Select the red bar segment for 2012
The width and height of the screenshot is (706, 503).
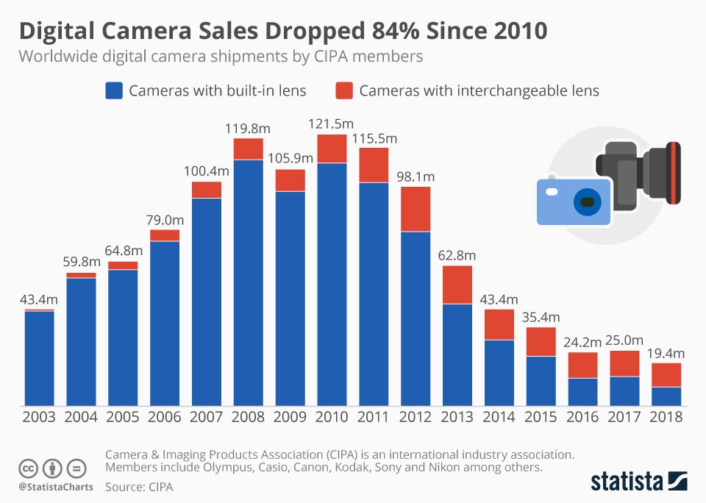[416, 209]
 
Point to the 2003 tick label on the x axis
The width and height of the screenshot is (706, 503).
[39, 417]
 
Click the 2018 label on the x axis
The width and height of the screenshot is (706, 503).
[666, 417]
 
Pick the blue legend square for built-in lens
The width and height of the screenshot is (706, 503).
[113, 90]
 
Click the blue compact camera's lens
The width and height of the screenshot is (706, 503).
[586, 202]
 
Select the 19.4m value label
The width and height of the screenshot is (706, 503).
[666, 352]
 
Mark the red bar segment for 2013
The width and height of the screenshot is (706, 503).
[457, 285]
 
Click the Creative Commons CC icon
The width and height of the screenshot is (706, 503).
[28, 468]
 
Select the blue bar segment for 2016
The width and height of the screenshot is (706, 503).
[582, 392]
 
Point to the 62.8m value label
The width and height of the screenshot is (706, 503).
[457, 255]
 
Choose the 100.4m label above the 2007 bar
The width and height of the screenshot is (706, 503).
[207, 171]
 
